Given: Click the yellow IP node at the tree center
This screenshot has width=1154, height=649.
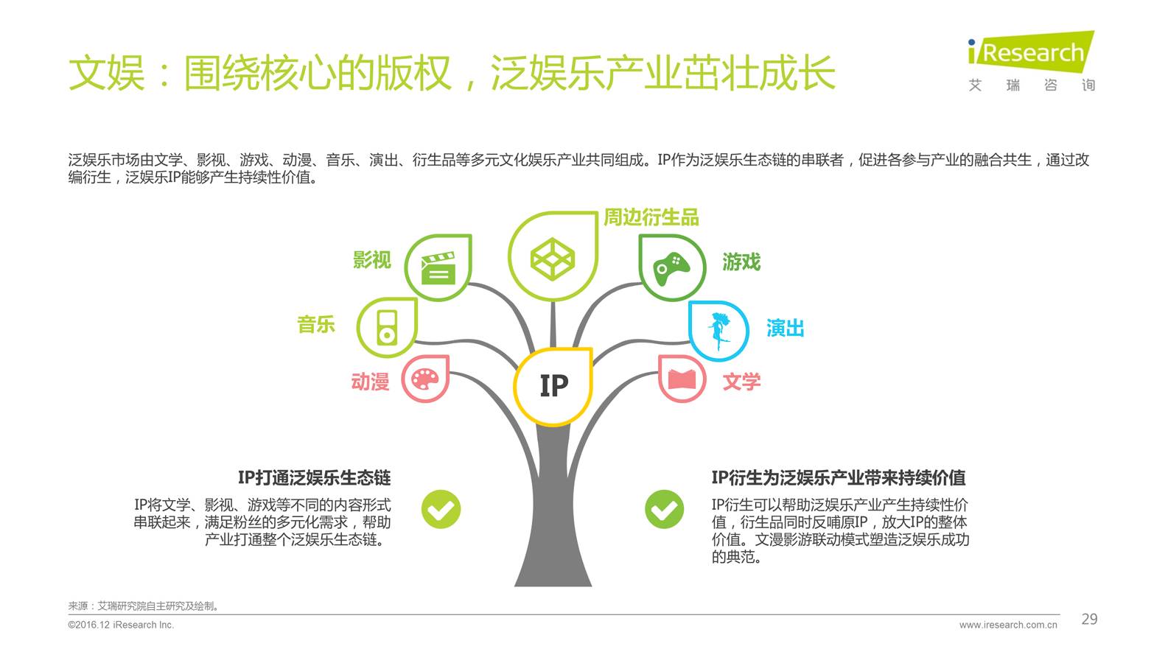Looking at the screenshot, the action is pyautogui.click(x=553, y=385).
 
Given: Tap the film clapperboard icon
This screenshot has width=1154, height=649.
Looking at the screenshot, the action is pyautogui.click(x=438, y=268).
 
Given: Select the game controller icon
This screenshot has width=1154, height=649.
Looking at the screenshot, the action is pyautogui.click(x=671, y=268).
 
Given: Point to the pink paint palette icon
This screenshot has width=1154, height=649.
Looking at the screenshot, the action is pyautogui.click(x=425, y=379).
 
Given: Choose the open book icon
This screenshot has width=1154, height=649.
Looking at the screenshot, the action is pyautogui.click(x=682, y=379).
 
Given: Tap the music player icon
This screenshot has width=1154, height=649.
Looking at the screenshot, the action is pyautogui.click(x=387, y=328).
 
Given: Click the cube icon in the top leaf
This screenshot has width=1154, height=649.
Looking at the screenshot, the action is pyautogui.click(x=552, y=258).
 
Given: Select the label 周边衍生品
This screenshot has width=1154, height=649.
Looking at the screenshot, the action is pyautogui.click(x=651, y=217).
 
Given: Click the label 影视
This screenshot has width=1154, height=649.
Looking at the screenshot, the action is pyautogui.click(x=372, y=260).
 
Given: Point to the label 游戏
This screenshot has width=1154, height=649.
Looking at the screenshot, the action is pyautogui.click(x=741, y=262).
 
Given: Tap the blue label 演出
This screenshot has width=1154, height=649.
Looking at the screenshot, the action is pyautogui.click(x=785, y=328).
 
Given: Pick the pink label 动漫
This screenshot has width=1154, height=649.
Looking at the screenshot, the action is pyautogui.click(x=370, y=382).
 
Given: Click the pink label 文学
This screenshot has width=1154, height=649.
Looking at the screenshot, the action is pyautogui.click(x=741, y=382).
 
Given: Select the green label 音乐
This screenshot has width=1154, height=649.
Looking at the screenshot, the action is pyautogui.click(x=316, y=324).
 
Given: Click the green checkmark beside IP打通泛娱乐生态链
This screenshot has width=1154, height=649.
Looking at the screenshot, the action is pyautogui.click(x=441, y=509).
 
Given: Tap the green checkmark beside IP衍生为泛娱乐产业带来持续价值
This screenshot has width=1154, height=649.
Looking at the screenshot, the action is pyautogui.click(x=664, y=509).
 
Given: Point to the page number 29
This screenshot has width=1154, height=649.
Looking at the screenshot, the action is pyautogui.click(x=1089, y=620).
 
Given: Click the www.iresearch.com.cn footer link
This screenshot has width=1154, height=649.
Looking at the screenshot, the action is pyautogui.click(x=1007, y=625).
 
